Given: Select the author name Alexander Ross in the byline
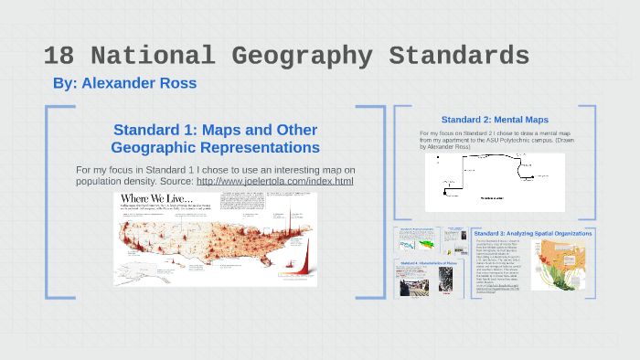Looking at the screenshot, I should tap(139, 83).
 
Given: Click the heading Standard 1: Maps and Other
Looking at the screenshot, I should tap(215, 129).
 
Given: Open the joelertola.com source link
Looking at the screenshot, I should tap(274, 182).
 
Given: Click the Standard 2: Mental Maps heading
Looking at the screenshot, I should tap(495, 120).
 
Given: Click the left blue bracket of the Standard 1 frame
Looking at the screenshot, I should tap(49, 201).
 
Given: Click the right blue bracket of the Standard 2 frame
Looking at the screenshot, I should tap(591, 161).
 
